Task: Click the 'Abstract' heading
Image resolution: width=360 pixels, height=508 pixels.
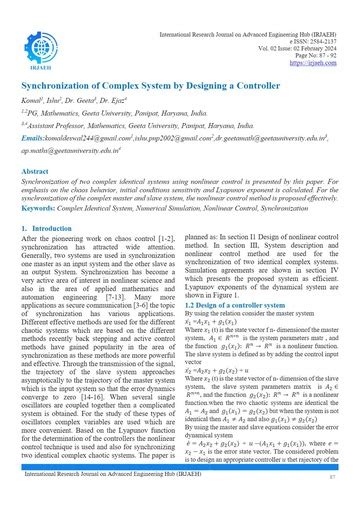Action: pyautogui.click(x=37, y=171)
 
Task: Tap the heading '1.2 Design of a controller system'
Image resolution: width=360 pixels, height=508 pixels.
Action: pyautogui.click(x=232, y=303)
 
